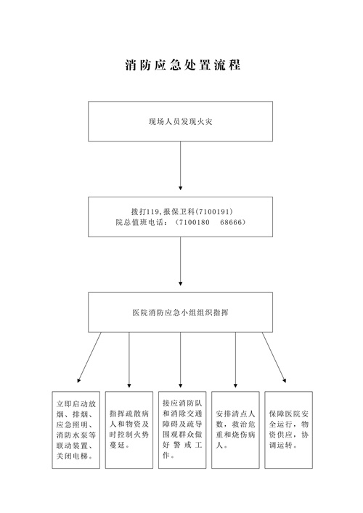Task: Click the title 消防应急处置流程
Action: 183,65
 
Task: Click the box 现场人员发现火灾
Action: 180,121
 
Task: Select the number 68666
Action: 231,222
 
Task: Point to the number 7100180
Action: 194,222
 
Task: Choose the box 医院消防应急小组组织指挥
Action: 180,313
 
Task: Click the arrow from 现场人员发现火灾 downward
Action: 180,166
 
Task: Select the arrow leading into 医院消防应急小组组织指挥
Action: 180,261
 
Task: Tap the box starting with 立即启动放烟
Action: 76,430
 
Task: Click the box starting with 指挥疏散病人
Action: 129,430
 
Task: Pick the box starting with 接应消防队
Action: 182,430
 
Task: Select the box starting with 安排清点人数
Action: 235,430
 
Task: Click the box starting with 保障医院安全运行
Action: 289,430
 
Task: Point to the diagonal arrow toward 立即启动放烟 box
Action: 89,357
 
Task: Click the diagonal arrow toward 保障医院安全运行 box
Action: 274,357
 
